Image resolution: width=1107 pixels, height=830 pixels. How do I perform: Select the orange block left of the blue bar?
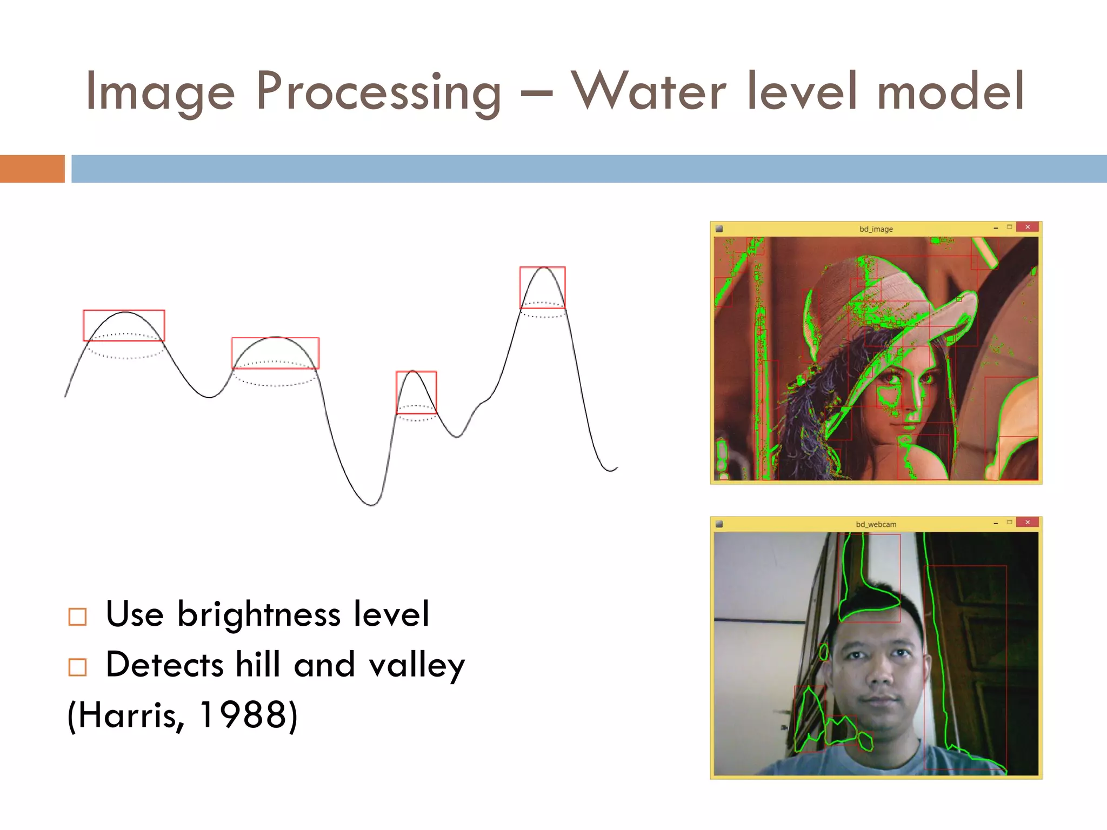pos(32,169)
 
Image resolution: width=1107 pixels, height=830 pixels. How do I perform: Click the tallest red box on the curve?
pos(542,287)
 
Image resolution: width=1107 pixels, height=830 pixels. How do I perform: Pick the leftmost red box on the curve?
pos(123,325)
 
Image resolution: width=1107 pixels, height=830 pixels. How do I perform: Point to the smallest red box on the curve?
pos(416,392)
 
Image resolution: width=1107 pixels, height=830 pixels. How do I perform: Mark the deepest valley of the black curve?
pos(372,505)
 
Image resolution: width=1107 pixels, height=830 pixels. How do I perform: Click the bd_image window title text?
pos(876,229)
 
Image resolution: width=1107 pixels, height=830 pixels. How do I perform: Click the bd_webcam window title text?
pos(876,524)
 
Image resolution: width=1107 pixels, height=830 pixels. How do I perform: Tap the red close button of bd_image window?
pos(1027,227)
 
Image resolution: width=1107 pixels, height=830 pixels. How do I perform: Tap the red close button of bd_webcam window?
pos(1027,523)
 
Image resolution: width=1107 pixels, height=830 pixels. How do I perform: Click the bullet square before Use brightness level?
pos(77,617)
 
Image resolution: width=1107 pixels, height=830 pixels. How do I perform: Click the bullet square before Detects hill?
pos(77,667)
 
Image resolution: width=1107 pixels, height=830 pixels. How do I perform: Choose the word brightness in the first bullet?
pos(259,615)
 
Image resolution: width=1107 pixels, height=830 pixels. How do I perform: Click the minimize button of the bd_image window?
pos(995,229)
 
